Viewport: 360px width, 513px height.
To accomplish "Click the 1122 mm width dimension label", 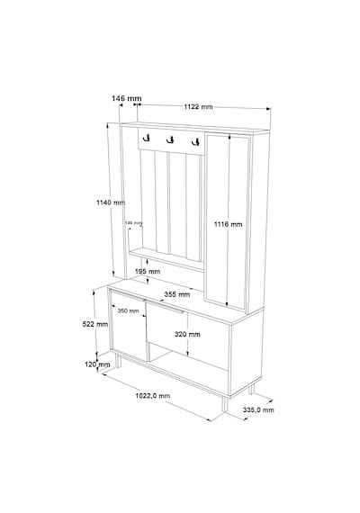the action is tap(198, 107).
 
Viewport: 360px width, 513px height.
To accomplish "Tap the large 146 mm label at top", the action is tap(127, 98).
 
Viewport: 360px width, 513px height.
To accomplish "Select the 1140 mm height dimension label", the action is tap(111, 202).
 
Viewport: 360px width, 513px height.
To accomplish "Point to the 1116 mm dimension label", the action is tap(228, 224).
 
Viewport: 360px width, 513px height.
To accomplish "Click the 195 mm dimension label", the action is tap(148, 271).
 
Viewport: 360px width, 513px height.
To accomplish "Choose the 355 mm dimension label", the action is tap(177, 294).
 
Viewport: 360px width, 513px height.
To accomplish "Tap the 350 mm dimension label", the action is tap(129, 310).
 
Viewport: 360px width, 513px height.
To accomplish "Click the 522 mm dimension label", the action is tap(95, 324).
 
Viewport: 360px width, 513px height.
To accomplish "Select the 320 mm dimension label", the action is tap(187, 334).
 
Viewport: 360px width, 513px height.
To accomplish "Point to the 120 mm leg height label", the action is tap(97, 364).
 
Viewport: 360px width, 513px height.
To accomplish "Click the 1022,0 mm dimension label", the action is tap(153, 396).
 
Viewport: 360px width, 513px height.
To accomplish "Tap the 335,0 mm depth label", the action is tap(258, 409).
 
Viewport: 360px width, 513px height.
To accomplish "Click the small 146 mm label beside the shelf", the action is tap(133, 223).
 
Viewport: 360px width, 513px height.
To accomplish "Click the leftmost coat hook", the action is tap(146, 138).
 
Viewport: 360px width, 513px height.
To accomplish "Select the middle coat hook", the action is tap(170, 140).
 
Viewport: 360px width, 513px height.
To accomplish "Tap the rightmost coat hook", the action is tap(195, 142).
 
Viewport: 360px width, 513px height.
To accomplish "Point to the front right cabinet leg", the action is tap(224, 404).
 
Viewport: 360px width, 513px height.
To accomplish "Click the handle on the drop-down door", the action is tap(165, 307).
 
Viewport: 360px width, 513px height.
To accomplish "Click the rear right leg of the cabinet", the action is tap(251, 388).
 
